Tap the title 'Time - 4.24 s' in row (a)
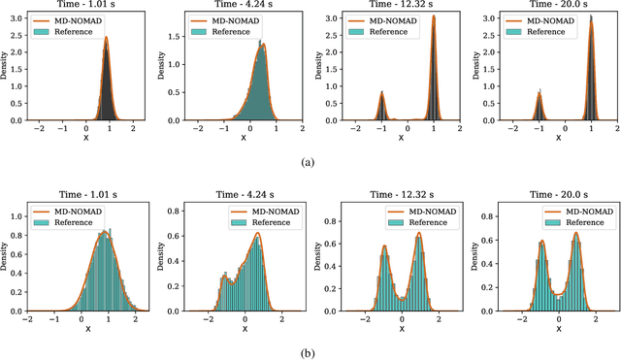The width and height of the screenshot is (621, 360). [242, 8]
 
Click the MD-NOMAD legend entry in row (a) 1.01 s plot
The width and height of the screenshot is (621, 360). [67, 19]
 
